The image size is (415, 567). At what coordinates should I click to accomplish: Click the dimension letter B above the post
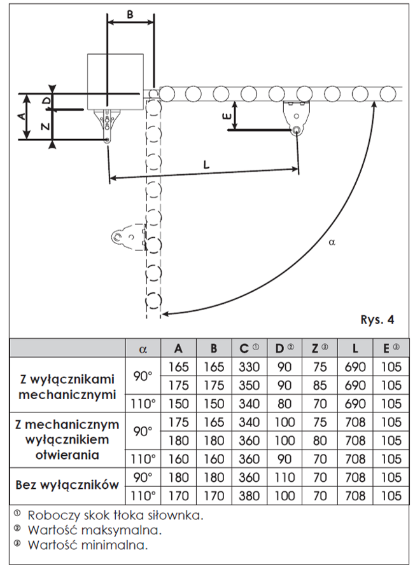coord(130,15)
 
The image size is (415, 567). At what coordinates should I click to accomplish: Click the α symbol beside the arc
coord(332,242)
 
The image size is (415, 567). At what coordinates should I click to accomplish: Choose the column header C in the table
coord(248,348)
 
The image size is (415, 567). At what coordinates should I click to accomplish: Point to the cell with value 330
coord(248,367)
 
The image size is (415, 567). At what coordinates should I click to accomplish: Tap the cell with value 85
coord(320,385)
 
